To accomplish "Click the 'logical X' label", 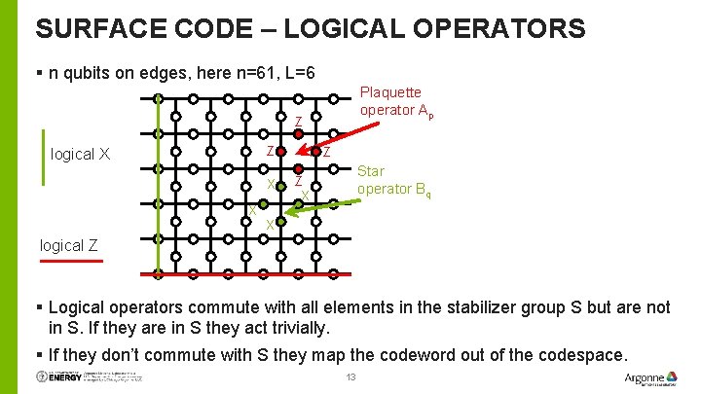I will coord(80,154).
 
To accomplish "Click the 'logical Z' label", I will coord(69,245).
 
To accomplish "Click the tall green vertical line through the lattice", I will coord(158,185).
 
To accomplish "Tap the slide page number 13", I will coord(351,377).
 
